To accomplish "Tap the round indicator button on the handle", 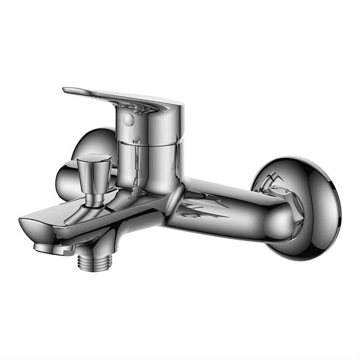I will pyautogui.click(x=128, y=119).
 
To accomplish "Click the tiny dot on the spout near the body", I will pyautogui.click(x=131, y=197).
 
